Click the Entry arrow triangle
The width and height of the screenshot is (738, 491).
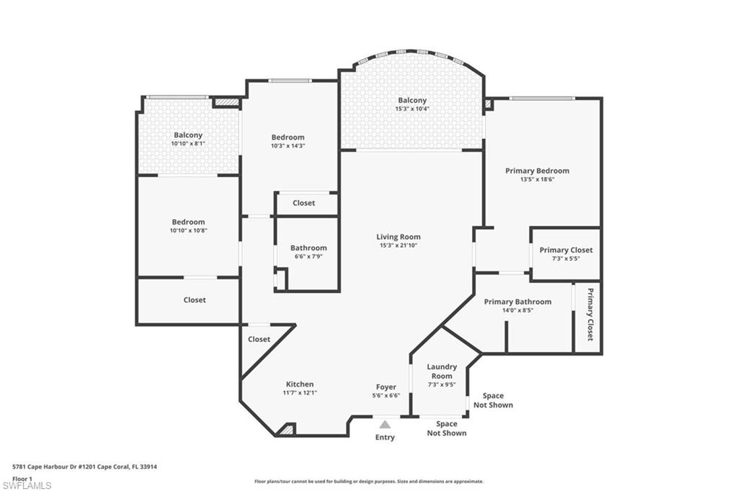[x=385, y=425]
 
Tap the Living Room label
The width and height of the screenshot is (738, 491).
[x=398, y=237]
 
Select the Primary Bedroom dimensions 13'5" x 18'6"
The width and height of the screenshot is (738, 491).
[x=537, y=179]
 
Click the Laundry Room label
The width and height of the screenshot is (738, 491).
[x=442, y=371]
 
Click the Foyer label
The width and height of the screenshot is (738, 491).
[x=386, y=387]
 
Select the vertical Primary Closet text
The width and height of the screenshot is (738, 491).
[x=590, y=315]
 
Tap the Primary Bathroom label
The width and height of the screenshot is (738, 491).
[x=517, y=302]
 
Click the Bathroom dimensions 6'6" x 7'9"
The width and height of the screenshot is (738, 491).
[x=308, y=256]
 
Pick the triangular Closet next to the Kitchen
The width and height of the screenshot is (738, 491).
[x=259, y=339]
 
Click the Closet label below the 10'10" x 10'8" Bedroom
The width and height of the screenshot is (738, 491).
[x=194, y=300]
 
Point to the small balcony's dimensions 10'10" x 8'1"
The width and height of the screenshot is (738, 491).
[x=188, y=143]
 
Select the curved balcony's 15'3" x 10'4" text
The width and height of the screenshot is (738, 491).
[x=412, y=109]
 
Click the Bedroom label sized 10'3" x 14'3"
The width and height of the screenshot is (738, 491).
[x=288, y=137]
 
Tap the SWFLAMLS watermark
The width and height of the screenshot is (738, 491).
[x=27, y=485]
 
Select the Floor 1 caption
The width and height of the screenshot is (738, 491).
[x=23, y=478]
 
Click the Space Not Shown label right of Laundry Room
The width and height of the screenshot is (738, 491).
[x=493, y=400]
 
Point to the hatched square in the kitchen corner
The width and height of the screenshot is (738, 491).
[x=286, y=430]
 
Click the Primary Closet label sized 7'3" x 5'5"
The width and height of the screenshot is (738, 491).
[x=566, y=250]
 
